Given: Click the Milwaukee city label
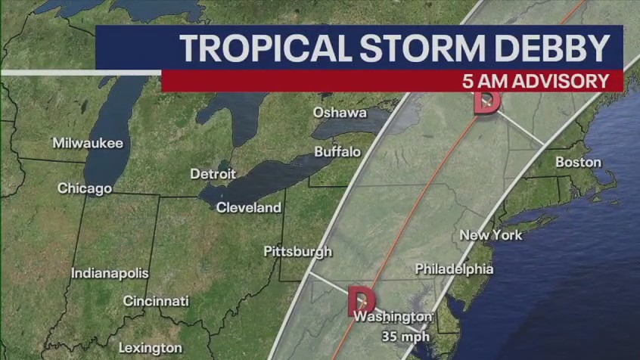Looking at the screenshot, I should pos(88,143).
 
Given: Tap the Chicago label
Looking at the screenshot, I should pos(85,188).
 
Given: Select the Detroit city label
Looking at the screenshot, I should pos(213,174).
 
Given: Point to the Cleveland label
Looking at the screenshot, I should pos(249,207).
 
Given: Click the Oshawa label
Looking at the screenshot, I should pos(340,113).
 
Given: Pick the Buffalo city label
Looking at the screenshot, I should pos(337,151).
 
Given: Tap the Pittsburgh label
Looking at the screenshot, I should pos(297,251).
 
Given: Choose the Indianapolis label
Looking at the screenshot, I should pos(110,273).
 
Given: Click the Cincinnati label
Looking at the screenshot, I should pos(156,301).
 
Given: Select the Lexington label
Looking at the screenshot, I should pos(150,348).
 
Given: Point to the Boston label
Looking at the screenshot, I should pos(578,162).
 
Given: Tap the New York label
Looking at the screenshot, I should pos(491,235).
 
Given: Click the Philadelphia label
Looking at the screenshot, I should pos(454,268).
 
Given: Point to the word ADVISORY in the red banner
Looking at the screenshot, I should pos(561,81).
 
